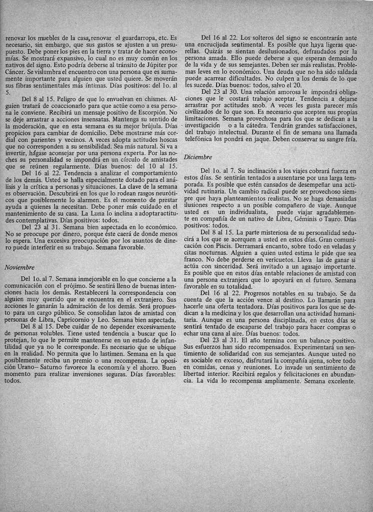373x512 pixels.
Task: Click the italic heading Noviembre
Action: [x=19, y=267]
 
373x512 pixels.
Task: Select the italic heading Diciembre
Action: [x=198, y=156]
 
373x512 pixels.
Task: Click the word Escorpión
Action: [x=152, y=113]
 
